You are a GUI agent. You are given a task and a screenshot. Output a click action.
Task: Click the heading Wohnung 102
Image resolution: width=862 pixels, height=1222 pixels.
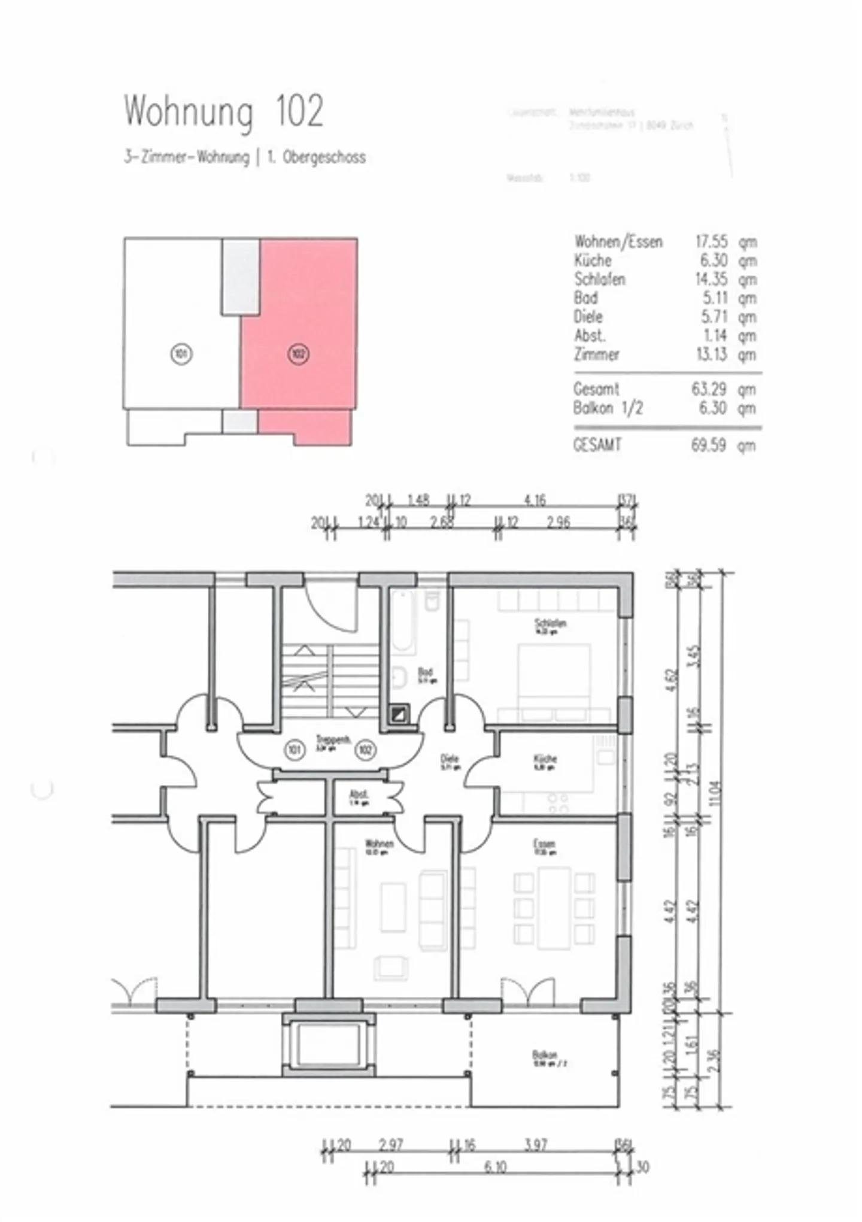click(x=224, y=111)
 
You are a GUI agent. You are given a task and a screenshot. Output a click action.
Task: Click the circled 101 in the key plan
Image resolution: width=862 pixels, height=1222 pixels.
click(x=181, y=354)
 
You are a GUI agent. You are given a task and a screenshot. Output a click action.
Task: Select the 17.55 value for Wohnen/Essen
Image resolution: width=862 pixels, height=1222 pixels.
click(x=711, y=242)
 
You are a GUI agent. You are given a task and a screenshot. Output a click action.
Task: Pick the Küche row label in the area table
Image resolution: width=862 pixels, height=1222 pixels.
click(x=593, y=260)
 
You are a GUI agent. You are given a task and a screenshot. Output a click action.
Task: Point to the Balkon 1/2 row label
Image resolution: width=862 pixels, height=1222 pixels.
click(x=608, y=408)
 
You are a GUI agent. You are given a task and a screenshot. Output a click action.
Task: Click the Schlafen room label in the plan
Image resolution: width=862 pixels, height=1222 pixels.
click(x=550, y=624)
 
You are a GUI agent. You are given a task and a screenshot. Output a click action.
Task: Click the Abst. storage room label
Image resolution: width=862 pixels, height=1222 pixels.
click(x=359, y=795)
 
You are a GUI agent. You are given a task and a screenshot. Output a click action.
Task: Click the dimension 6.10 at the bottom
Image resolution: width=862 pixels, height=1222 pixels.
click(x=495, y=1168)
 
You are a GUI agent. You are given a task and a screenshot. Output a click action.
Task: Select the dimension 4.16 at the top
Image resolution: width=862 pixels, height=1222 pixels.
click(x=535, y=500)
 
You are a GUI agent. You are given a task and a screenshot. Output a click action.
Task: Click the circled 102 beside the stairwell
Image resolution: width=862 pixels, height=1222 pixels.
click(x=365, y=749)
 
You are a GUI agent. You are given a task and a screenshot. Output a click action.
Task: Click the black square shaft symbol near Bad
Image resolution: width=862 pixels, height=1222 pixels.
click(x=399, y=713)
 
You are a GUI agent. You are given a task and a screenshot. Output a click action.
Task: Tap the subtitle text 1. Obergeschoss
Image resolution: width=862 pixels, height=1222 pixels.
click(x=315, y=158)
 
